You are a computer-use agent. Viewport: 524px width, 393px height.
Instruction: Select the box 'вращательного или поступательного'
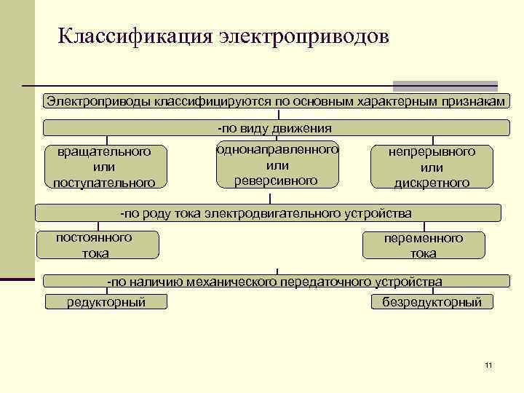pos(104,167)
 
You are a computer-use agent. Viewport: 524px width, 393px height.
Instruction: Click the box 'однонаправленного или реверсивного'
pos(277,164)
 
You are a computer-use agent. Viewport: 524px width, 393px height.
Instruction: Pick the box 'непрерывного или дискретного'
pos(432,167)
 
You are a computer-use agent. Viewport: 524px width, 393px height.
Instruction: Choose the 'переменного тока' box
pos(423,246)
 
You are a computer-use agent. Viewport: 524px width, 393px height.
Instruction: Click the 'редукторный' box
pos(106,302)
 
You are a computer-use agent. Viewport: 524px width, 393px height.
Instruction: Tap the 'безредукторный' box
pos(432,302)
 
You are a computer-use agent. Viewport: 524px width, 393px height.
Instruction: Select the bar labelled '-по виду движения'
pos(275,128)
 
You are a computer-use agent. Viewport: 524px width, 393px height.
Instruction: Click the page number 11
pos(488,364)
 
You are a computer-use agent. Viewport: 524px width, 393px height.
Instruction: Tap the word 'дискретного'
pos(432,183)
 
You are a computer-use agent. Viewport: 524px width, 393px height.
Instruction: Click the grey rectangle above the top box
pos(445,85)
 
